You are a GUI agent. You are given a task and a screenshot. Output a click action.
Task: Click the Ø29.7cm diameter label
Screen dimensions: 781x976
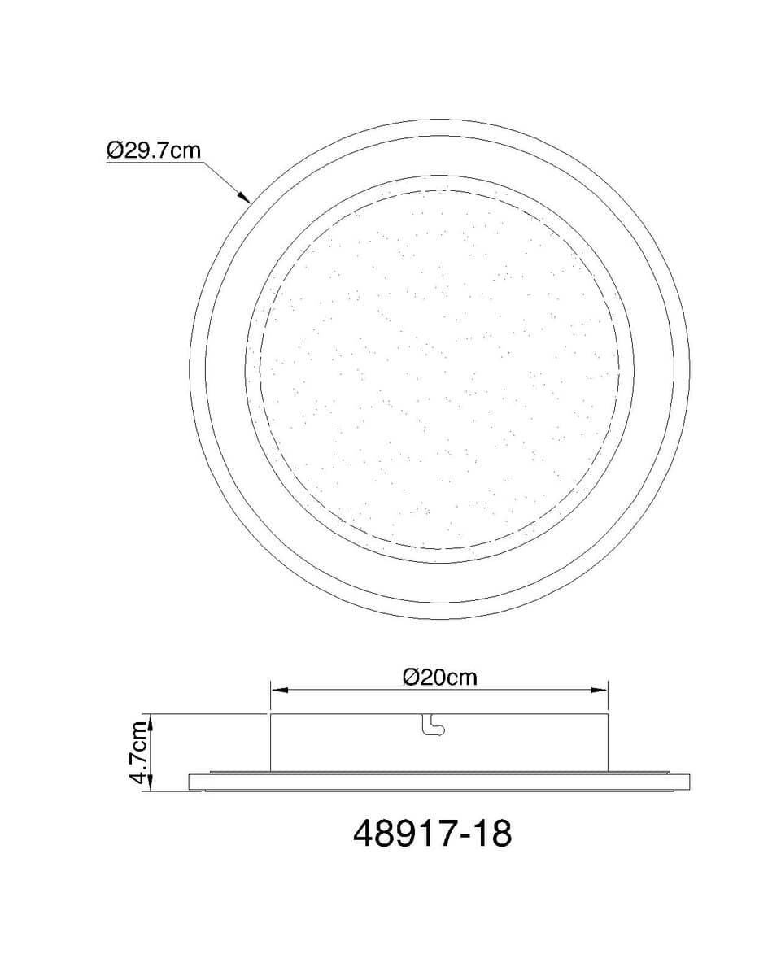154,150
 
